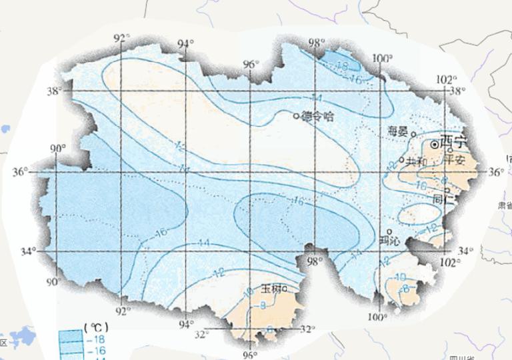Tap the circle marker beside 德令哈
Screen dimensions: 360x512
pyautogui.click(x=297, y=116)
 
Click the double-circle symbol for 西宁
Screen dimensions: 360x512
pyautogui.click(x=434, y=143)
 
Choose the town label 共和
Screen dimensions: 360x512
pyautogui.click(x=415, y=161)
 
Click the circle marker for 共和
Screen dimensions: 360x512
pyautogui.click(x=401, y=159)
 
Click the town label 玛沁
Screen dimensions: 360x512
pyautogui.click(x=389, y=241)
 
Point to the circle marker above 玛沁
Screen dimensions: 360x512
pyautogui.click(x=389, y=231)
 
